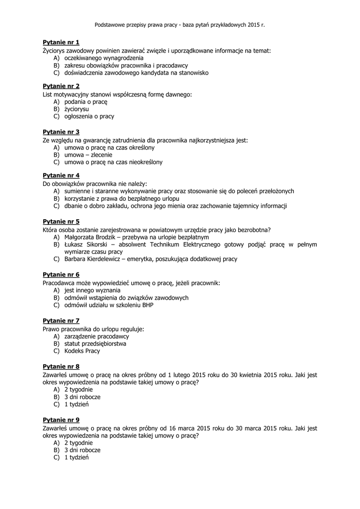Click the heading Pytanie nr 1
[61, 43]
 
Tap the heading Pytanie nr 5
[61, 222]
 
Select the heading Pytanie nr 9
[61, 420]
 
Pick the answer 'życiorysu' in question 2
[77, 109]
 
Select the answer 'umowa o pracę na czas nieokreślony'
[113, 162]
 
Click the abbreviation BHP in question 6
[147, 305]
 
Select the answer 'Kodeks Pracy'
[82, 351]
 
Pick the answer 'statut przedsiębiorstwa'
[95, 343]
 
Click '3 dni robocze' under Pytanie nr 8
[82, 397]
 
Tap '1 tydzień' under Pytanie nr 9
[76, 457]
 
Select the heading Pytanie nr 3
[61, 132]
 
